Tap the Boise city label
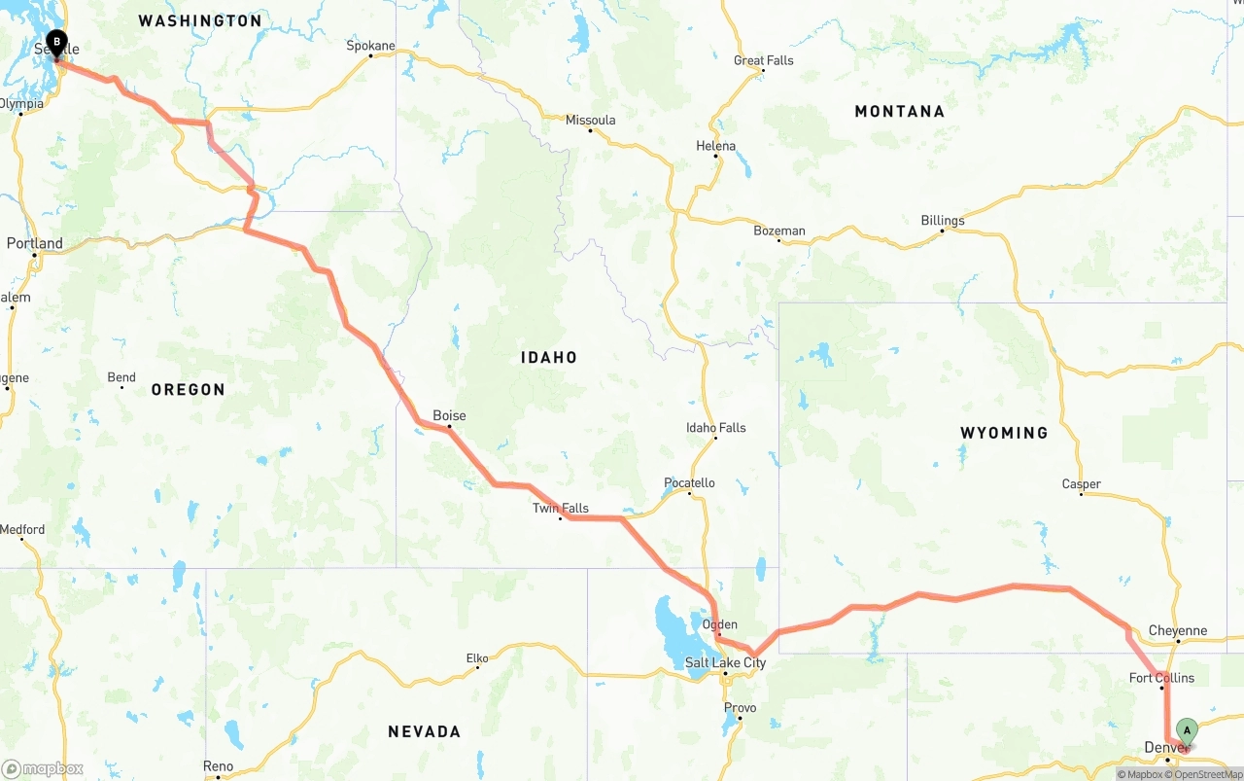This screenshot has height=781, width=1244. [449, 415]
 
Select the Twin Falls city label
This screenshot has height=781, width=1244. [561, 508]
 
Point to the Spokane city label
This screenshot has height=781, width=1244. [371, 46]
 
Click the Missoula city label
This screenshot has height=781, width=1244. [591, 120]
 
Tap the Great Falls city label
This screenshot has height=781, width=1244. [764, 60]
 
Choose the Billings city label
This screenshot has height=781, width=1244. [943, 221]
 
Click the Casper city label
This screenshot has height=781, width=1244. [1082, 483]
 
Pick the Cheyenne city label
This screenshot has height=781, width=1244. [1178, 630]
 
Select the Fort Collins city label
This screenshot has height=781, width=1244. [1162, 678]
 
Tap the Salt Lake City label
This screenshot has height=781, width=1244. [726, 663]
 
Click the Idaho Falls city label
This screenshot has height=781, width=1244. [716, 427]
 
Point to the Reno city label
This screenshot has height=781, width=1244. [219, 766]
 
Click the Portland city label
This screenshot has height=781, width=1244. [35, 243]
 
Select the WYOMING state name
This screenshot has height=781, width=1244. [1004, 433]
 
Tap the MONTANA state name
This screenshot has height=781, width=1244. [899, 111]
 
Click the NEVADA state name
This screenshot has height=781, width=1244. [424, 731]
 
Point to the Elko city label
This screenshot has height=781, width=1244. [477, 658]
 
